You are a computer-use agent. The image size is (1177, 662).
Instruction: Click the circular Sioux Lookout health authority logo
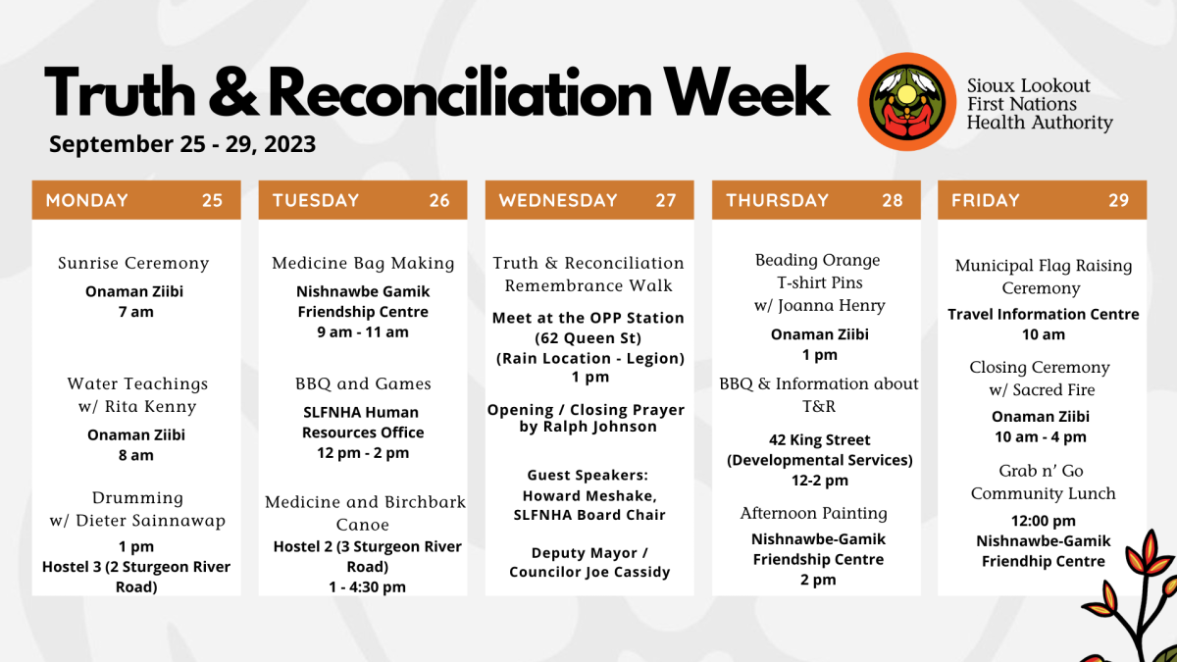[907, 102]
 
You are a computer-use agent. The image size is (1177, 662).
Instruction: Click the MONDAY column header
[87, 200]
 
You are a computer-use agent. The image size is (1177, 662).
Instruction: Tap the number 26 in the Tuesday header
[439, 200]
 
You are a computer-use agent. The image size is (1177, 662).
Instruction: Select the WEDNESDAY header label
[558, 200]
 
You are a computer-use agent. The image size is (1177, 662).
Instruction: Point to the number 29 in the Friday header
[1119, 200]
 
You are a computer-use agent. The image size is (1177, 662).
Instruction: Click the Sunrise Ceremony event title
[133, 263]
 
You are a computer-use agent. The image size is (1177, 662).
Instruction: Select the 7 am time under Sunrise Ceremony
[136, 312]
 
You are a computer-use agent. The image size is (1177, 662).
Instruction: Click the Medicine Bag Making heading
[363, 263]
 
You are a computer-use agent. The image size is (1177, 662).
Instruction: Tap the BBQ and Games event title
[363, 383]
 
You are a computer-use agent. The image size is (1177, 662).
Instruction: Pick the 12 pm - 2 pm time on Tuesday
[363, 453]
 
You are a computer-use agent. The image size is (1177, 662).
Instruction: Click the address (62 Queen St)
[588, 337]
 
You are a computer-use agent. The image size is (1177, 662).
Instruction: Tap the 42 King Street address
[820, 439]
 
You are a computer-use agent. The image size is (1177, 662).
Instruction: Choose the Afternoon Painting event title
[814, 513]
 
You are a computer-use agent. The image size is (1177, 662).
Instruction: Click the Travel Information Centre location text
[1044, 314]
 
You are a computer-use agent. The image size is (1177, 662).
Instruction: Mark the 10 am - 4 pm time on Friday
[1041, 437]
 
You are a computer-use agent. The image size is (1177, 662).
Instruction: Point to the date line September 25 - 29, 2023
[182, 144]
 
